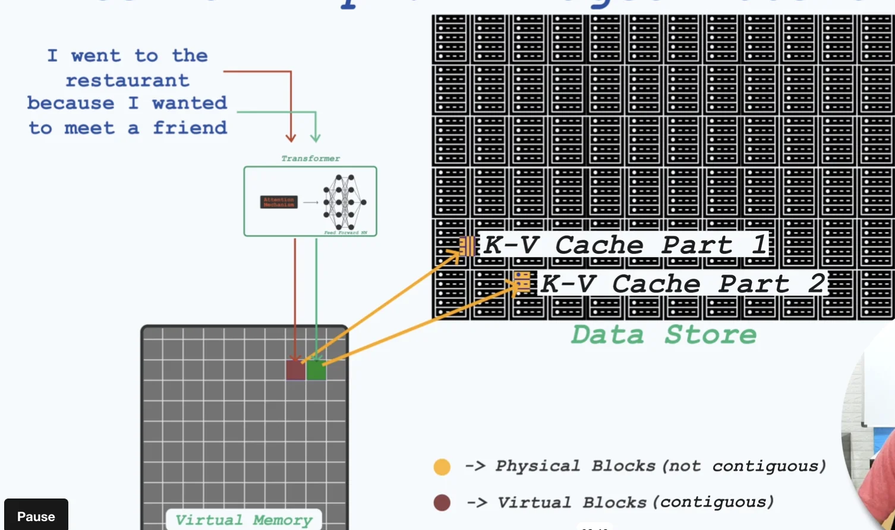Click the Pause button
tap(36, 516)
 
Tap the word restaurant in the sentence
tap(127, 80)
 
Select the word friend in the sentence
tap(190, 128)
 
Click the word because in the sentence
tap(70, 103)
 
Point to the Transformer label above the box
tap(310, 159)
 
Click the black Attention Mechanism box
tap(279, 202)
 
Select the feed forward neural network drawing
tap(344, 202)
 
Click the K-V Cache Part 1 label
tap(624, 245)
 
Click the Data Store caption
tap(663, 335)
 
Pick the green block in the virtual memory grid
tap(316, 370)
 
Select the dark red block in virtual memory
tap(295, 370)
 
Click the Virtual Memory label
tap(244, 520)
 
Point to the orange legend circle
tap(442, 467)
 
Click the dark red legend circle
tap(442, 503)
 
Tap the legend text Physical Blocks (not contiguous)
tap(660, 466)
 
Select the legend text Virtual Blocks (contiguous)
tap(635, 503)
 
